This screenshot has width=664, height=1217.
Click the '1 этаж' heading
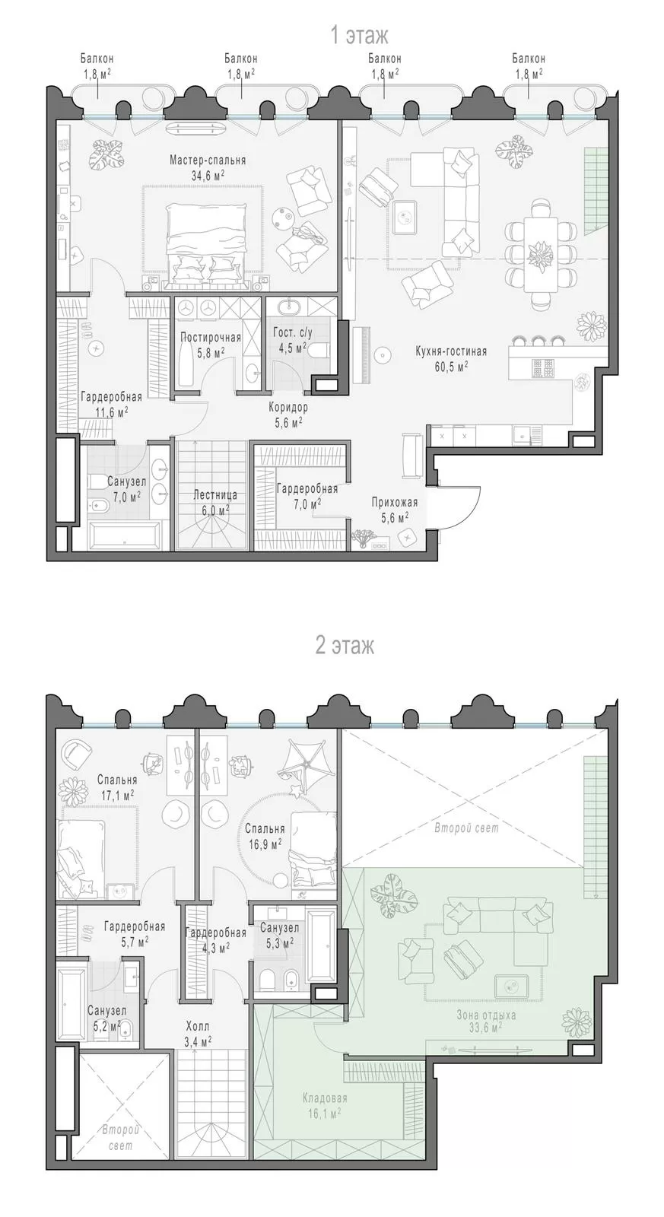[359, 36]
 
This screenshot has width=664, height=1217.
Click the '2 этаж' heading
[345, 646]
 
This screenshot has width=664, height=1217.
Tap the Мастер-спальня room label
[208, 160]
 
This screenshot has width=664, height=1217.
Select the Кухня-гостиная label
[451, 351]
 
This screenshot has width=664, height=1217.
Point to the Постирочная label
[211, 338]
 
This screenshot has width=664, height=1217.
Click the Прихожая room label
[390, 502]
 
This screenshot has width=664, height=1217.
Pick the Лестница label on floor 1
[215, 495]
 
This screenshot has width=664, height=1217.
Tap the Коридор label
[288, 407]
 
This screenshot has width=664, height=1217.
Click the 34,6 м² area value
[208, 175]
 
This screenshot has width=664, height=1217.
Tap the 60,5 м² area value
[451, 366]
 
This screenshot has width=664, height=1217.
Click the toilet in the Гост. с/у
[319, 351]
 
